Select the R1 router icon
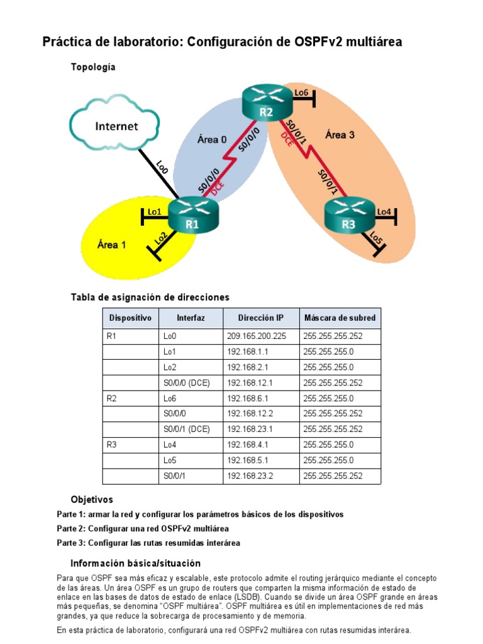tap(192, 217)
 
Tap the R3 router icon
tap(348, 217)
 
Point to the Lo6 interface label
tap(301, 92)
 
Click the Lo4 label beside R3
tap(384, 211)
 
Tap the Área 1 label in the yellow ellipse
tap(111, 245)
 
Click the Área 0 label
tap(212, 140)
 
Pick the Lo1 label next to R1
tap(155, 211)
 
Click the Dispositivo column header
tap(130, 318)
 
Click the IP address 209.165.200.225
tap(256, 336)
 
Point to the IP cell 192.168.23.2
tap(250, 476)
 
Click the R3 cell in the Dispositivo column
tap(113, 445)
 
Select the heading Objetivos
tap(92, 500)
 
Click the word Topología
tap(93, 67)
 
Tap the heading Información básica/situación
tap(135, 563)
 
